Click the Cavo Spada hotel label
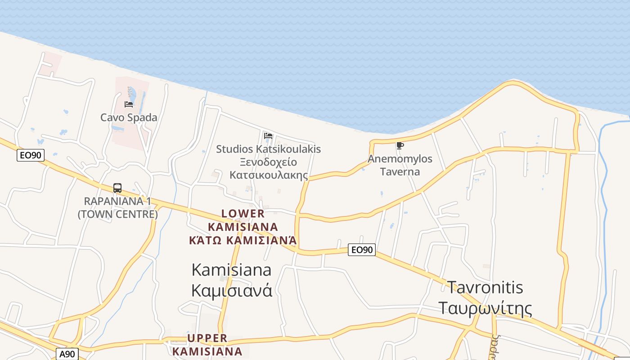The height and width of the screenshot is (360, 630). pyautogui.click(x=129, y=118)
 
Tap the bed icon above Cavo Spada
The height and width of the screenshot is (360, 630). pyautogui.click(x=129, y=104)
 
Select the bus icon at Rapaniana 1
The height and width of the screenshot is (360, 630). pyautogui.click(x=117, y=188)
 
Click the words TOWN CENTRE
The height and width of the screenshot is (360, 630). pyautogui.click(x=118, y=214)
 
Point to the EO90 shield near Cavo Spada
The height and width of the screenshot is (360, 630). pyautogui.click(x=31, y=156)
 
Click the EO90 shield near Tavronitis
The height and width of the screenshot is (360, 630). pyautogui.click(x=362, y=250)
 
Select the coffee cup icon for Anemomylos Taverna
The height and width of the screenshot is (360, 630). pyautogui.click(x=400, y=145)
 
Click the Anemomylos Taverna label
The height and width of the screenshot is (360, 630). pyautogui.click(x=400, y=165)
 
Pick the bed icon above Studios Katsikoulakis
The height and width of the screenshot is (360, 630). pyautogui.click(x=268, y=135)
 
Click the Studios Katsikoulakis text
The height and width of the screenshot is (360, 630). pyautogui.click(x=269, y=149)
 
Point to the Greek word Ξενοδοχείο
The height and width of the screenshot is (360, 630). pyautogui.click(x=268, y=162)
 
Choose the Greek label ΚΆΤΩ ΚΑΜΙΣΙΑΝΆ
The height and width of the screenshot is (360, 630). pyautogui.click(x=243, y=240)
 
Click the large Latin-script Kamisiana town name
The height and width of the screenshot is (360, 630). pyautogui.click(x=231, y=270)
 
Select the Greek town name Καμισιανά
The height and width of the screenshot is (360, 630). pyautogui.click(x=231, y=290)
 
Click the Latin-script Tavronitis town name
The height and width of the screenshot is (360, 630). pyautogui.click(x=485, y=287)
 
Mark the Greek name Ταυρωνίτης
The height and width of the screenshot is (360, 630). pyautogui.click(x=485, y=309)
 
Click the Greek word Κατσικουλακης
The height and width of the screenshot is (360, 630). pyautogui.click(x=269, y=175)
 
